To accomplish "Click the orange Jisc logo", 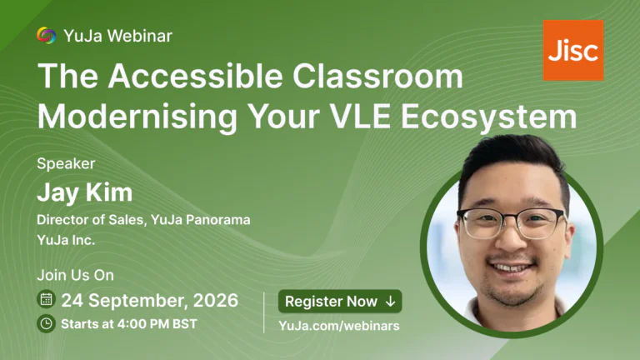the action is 573,50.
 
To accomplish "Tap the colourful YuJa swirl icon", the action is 46,36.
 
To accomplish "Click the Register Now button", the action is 340,301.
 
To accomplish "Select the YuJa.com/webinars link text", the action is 339,326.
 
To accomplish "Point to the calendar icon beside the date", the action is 46,300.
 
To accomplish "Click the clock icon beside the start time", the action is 46,323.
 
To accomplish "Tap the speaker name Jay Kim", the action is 84,192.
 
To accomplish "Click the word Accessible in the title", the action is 196,77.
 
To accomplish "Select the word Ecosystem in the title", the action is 488,117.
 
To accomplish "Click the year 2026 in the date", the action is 216,300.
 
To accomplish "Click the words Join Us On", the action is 76,275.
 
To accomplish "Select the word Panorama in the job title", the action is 218,220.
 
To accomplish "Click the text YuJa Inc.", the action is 66,240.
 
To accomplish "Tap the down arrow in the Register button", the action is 391,302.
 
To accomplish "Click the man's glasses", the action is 510,222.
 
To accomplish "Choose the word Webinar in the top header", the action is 140,36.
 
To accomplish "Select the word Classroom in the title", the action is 377,77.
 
